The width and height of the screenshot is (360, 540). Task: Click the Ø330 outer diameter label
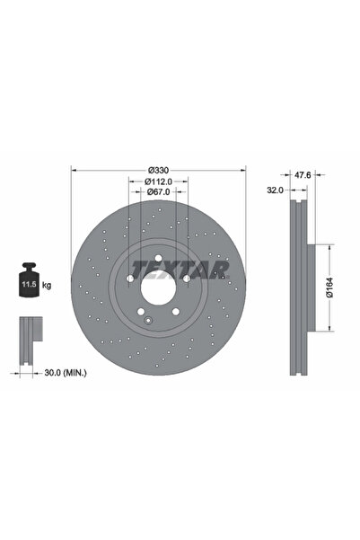tap(159, 170)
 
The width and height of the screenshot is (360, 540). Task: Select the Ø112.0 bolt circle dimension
tap(159, 181)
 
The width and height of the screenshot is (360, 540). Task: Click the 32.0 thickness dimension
tap(276, 190)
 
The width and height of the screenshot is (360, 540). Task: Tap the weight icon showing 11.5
tap(28, 282)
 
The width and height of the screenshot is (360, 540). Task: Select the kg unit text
tap(47, 285)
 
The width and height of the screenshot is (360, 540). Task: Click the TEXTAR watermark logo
tap(180, 268)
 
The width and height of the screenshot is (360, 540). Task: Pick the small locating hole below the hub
tap(146, 319)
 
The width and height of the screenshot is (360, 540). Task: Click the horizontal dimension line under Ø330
tap(159, 175)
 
